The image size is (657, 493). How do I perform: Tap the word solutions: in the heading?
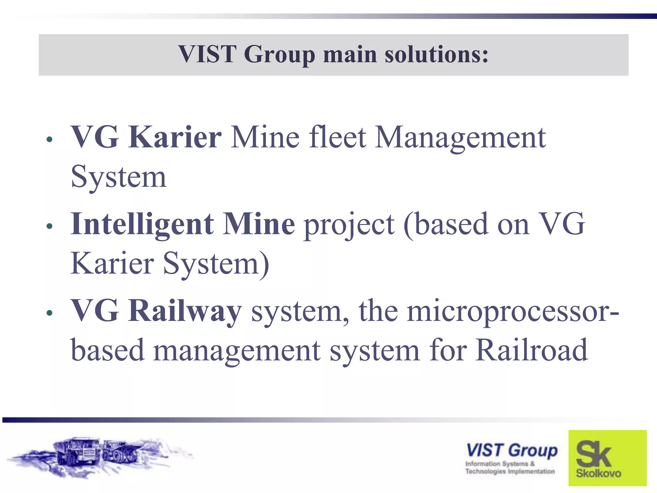(436, 54)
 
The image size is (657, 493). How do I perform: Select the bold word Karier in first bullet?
(175, 137)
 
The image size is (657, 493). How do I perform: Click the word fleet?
(337, 137)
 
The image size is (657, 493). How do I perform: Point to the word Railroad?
(531, 350)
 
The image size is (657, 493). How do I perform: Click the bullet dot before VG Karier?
(49, 140)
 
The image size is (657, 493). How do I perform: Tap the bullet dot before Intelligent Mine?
(49, 226)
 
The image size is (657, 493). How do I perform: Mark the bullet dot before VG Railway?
(49, 313)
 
